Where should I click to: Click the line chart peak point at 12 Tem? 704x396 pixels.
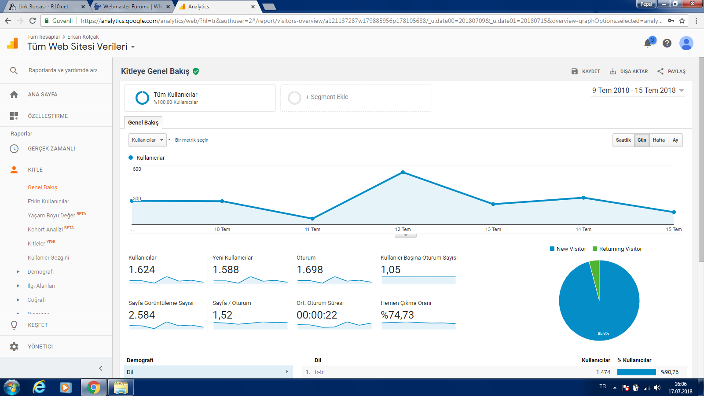click(x=403, y=172)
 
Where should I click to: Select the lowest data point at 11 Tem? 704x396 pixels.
click(x=312, y=218)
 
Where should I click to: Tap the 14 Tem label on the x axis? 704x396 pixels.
click(x=583, y=229)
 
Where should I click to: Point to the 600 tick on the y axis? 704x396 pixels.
click(x=137, y=169)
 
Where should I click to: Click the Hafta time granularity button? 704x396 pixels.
click(x=658, y=140)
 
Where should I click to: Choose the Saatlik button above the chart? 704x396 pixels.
click(x=623, y=140)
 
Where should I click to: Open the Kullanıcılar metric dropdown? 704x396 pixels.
click(x=147, y=140)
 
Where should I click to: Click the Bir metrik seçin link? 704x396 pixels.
click(x=191, y=140)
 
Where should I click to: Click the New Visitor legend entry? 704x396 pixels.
click(x=568, y=249)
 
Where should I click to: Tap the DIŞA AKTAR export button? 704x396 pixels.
click(x=629, y=71)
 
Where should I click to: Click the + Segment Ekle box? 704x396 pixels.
click(x=356, y=98)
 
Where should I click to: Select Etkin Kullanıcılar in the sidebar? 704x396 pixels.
click(x=48, y=201)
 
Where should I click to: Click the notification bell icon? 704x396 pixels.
click(x=648, y=43)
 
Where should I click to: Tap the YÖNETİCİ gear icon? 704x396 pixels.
click(x=14, y=346)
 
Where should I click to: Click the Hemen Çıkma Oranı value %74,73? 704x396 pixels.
click(x=397, y=315)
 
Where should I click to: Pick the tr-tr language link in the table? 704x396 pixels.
click(x=319, y=372)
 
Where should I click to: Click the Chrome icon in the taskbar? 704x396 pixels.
click(x=94, y=387)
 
